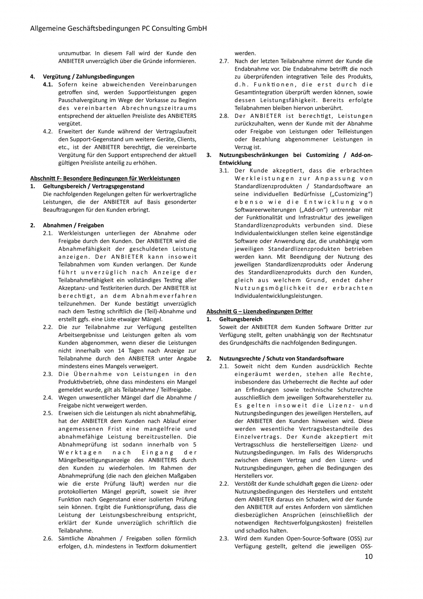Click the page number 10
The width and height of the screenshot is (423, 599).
[x=368, y=556]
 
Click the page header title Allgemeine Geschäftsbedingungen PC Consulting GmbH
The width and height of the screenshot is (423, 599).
[x=119, y=29]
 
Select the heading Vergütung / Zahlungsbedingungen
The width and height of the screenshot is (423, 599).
[x=88, y=76]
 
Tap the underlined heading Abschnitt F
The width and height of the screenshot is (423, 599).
[x=105, y=178]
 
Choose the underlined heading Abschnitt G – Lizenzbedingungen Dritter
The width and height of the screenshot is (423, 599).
[x=259, y=311]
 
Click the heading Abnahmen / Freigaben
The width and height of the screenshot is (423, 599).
[x=73, y=225]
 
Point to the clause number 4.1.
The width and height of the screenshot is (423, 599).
[x=48, y=84]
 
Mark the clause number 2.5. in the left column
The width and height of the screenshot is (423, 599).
[x=48, y=413]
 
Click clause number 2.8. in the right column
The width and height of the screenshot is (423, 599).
[x=224, y=116]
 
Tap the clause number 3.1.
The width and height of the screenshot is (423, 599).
[x=224, y=170]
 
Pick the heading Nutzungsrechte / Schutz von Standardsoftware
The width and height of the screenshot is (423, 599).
[x=281, y=358]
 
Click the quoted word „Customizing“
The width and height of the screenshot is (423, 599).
[x=351, y=194]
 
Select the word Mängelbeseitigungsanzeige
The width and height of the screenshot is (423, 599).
[x=95, y=460]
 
